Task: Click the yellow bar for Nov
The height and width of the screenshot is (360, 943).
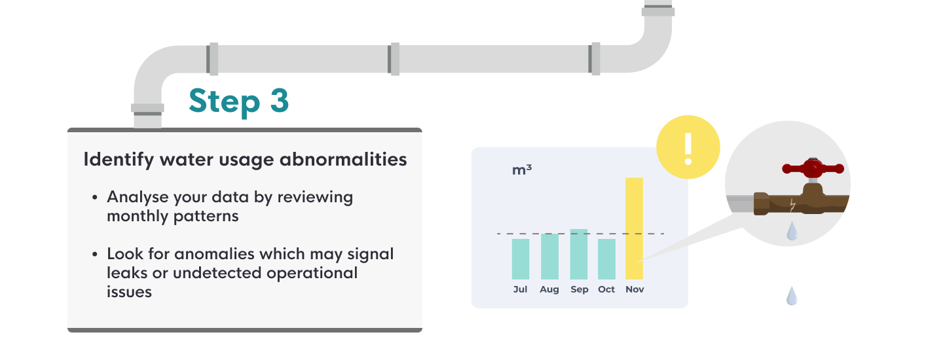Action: point(634,228)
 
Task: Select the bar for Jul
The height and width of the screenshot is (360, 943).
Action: point(521,259)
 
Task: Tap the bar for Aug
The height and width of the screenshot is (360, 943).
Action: point(549,257)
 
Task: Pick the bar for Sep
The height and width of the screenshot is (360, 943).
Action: point(579,255)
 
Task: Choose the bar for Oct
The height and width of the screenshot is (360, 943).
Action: point(606,259)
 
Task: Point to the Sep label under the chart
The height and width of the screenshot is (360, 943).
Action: point(580,289)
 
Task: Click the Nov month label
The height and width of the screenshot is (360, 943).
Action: point(635,289)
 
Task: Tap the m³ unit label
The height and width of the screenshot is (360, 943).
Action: point(522,170)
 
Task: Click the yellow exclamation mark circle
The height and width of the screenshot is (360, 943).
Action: point(688,149)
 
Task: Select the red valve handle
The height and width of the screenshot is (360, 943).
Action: point(813,169)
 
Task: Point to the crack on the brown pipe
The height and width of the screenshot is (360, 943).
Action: point(793,206)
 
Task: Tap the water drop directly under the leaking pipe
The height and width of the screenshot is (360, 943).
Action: point(792,231)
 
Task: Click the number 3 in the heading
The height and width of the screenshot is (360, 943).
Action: point(278,101)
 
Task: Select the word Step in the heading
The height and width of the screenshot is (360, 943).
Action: point(223,102)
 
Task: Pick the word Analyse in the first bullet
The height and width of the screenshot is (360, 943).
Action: point(134,197)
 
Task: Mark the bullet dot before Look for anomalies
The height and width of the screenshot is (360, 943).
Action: point(96,255)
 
